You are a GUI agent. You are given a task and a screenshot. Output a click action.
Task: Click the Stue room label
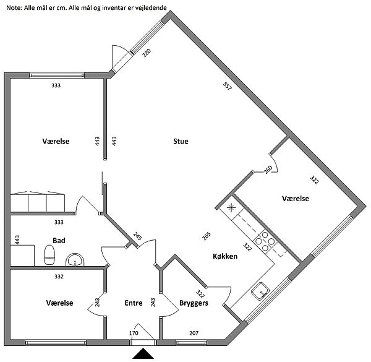click(181, 141)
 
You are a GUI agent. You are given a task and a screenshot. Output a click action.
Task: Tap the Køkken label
click(225, 256)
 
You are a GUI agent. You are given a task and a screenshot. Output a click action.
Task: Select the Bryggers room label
click(194, 303)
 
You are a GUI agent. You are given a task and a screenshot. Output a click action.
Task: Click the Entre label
click(134, 303)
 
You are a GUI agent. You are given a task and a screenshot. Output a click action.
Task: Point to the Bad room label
click(59, 241)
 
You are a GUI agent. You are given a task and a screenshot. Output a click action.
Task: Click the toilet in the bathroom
click(49, 255)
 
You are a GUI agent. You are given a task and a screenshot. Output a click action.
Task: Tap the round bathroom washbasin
click(75, 260)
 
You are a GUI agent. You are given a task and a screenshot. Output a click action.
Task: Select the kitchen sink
click(260, 291)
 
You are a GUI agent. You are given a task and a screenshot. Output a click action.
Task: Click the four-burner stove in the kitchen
click(265, 241)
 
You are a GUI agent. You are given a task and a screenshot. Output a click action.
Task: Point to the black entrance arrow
click(143, 354)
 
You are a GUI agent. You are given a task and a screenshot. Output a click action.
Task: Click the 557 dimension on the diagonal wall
click(227, 86)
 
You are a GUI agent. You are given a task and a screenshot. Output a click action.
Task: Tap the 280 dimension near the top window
click(147, 53)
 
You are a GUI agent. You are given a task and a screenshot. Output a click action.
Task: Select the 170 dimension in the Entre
click(134, 333)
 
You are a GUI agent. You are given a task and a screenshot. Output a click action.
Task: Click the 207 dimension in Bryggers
click(194, 333)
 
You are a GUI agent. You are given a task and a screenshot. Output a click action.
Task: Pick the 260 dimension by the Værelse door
click(268, 170)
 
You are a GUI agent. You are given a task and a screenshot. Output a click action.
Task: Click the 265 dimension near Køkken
click(207, 236)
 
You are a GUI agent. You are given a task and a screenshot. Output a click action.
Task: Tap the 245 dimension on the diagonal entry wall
click(137, 236)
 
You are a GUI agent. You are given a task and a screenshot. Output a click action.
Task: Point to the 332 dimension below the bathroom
click(59, 276)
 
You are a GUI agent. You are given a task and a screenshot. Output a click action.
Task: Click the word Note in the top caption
click(14, 7)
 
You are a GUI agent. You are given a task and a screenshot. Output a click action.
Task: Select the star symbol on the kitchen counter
click(231, 208)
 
